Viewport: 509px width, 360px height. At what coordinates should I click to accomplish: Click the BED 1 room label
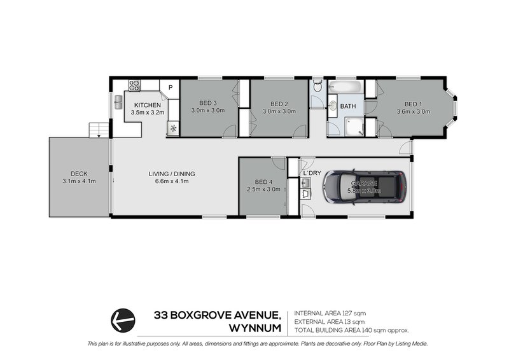(x=413, y=104)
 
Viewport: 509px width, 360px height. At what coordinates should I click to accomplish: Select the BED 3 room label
(x=208, y=104)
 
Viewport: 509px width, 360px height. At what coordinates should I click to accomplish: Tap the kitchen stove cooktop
(x=134, y=84)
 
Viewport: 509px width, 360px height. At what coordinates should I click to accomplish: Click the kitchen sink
(x=118, y=102)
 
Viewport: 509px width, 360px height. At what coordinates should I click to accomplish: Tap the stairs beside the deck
(x=97, y=129)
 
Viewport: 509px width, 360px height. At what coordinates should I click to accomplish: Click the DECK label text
(x=79, y=173)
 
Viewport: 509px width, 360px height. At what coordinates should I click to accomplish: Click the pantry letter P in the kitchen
(x=170, y=88)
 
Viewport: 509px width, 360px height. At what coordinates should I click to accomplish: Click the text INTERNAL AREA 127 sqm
(x=330, y=314)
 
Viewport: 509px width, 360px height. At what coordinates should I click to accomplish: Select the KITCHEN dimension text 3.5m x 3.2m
(x=148, y=113)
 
